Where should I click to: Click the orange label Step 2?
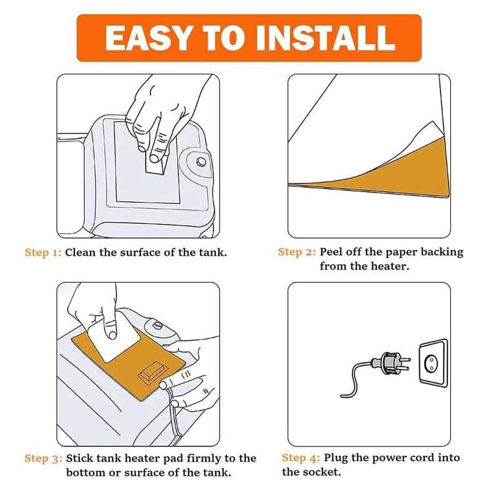point(297,252)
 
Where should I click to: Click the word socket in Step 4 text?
point(325,472)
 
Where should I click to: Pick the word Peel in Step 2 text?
point(331,252)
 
